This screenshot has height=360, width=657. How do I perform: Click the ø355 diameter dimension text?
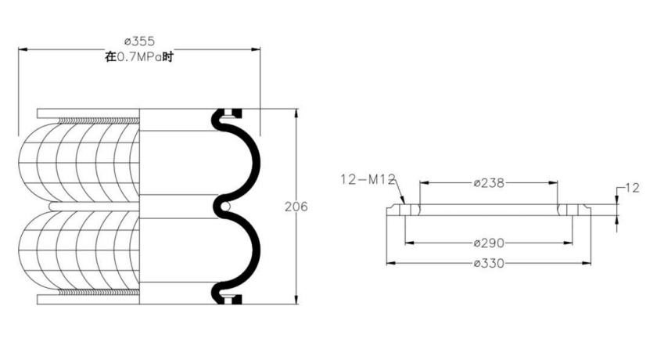point(139,41)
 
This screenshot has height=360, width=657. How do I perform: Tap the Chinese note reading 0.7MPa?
point(138,56)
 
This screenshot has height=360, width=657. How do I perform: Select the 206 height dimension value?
point(296,207)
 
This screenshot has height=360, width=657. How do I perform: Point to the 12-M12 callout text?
point(368,179)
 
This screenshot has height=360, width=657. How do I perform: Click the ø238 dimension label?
point(489,183)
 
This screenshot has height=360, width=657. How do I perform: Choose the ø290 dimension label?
point(489,243)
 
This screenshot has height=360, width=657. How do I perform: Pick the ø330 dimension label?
point(489,264)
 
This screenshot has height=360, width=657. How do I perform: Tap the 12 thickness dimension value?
point(632,188)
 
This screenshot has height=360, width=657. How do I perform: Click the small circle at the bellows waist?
point(225,207)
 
